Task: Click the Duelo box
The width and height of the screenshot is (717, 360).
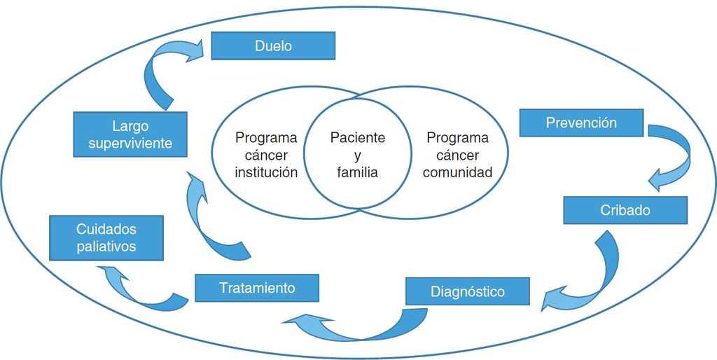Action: pyautogui.click(x=273, y=46)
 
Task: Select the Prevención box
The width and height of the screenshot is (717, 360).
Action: pyautogui.click(x=581, y=123)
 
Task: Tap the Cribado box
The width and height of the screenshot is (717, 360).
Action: pyautogui.click(x=625, y=209)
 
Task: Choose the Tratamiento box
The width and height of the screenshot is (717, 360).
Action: pyautogui.click(x=256, y=288)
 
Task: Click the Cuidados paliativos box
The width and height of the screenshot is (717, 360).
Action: pyautogui.click(x=106, y=237)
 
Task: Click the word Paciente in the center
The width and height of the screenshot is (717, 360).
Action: pyautogui.click(x=358, y=137)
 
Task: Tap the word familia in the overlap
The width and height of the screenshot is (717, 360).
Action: pyautogui.click(x=357, y=172)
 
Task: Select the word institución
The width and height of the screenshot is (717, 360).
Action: pyautogui.click(x=266, y=172)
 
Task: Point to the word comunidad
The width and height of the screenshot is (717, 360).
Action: pyautogui.click(x=457, y=172)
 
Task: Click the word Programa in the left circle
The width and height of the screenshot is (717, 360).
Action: pyautogui.click(x=266, y=137)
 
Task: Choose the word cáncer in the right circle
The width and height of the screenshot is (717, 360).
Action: pyautogui.click(x=457, y=155)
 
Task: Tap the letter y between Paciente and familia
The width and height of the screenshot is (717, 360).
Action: pyautogui.click(x=357, y=155)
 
